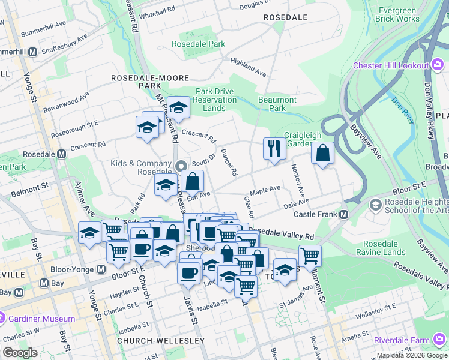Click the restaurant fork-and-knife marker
pos(274,148)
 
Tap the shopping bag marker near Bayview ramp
pos(322,153)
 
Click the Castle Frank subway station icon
pos(344,214)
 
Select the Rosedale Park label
pos(198,44)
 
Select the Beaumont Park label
pos(277,104)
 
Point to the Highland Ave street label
pos(247,67)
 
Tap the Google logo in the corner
pos(20,353)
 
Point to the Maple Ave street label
pos(265,190)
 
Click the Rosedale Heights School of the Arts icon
pos(376,205)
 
